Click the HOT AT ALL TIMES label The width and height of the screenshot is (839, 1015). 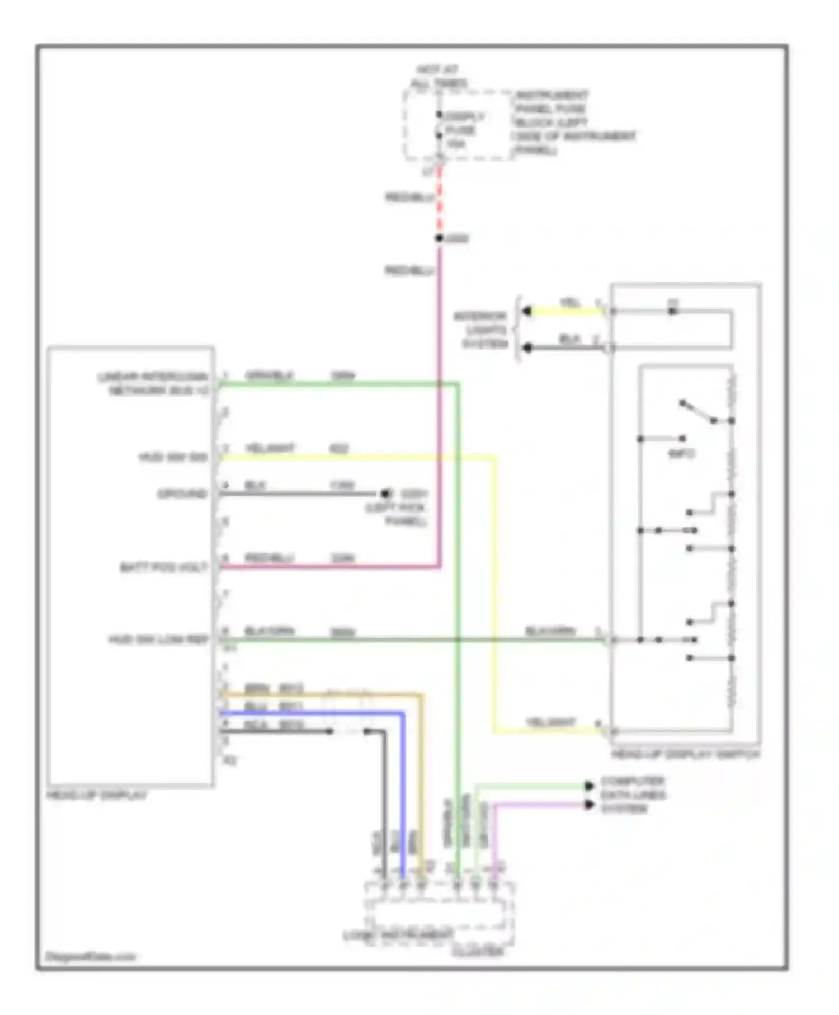pos(439,77)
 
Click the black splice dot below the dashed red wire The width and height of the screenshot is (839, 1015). pos(440,238)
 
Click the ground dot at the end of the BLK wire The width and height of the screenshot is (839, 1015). pos(385,494)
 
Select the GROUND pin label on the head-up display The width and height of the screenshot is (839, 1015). pos(182,494)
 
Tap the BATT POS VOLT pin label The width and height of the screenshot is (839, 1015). pos(163,567)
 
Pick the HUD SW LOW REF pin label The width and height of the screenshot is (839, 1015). pos(158,640)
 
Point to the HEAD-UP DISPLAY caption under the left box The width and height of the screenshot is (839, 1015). pos(97,795)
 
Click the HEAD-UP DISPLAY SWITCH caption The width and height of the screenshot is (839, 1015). pos(686,754)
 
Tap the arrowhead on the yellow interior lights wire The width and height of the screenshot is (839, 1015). pos(527,311)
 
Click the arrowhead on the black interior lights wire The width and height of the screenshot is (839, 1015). pos(527,348)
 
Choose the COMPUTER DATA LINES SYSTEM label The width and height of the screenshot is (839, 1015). pos(632,795)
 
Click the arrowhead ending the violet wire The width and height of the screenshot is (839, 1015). pos(589,805)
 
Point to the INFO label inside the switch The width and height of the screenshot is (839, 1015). pos(681,454)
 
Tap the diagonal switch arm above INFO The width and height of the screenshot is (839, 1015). pos(697,412)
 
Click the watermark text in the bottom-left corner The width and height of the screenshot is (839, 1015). pos(90,956)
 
